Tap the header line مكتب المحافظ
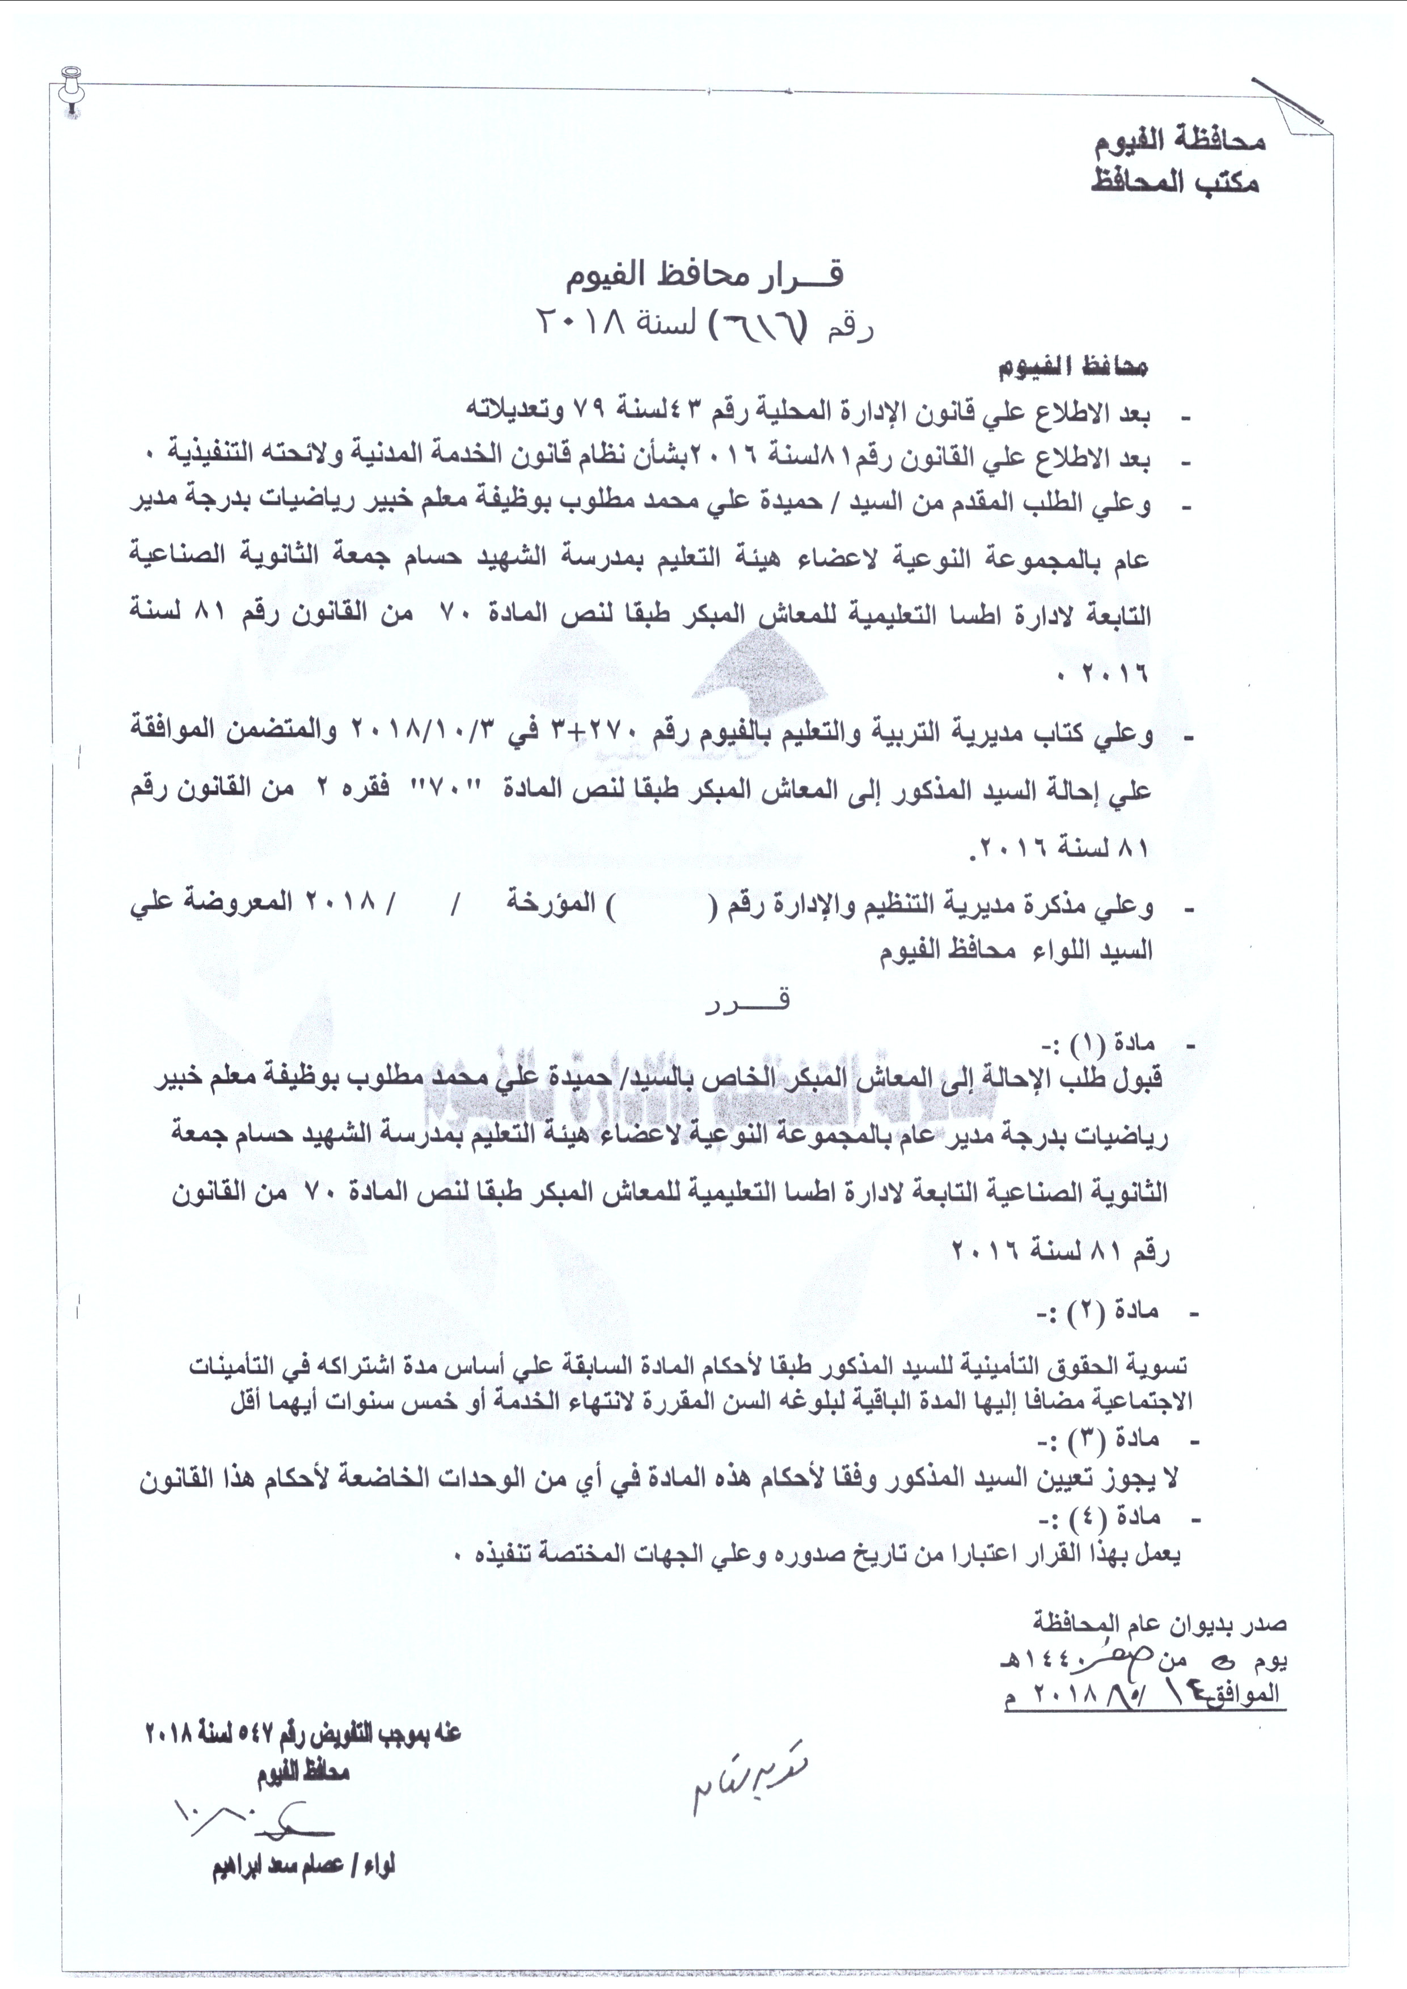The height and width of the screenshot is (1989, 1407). coord(1175,183)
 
